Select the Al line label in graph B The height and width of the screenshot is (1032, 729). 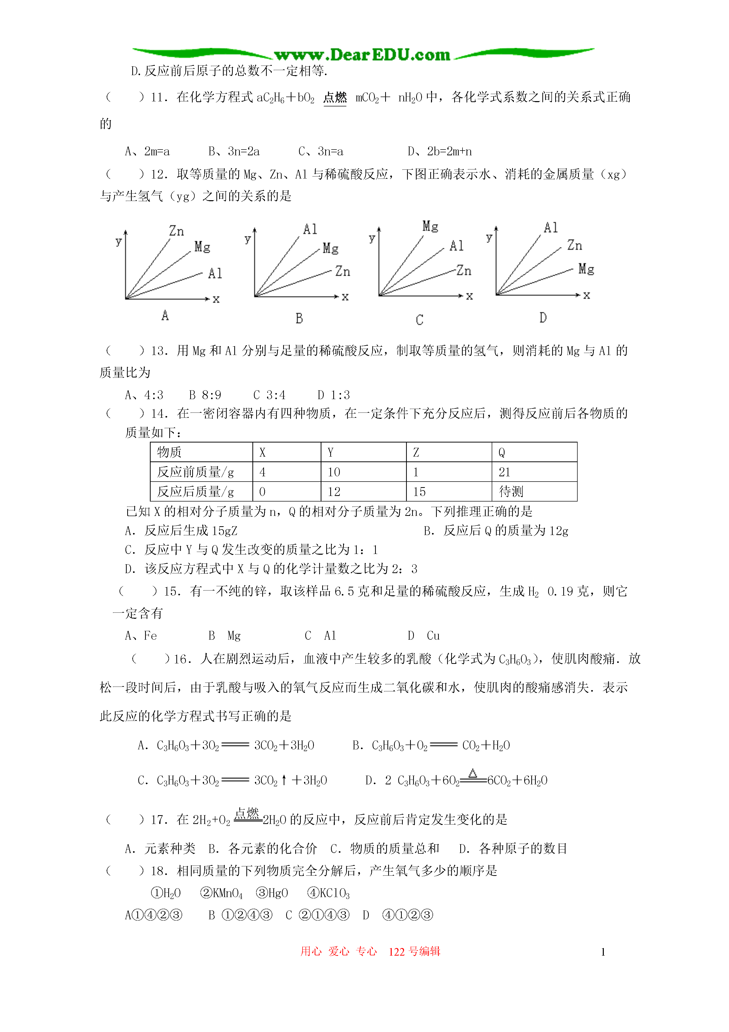310,229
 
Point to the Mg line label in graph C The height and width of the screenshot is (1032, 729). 430,226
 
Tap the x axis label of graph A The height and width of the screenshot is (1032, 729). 216,299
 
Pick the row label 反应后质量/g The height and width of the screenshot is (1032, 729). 195,491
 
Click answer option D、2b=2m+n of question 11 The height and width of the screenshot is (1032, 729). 439,152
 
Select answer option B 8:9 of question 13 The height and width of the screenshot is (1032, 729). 205,395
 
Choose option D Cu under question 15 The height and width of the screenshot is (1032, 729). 423,636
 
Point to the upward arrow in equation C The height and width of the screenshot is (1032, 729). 284,780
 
